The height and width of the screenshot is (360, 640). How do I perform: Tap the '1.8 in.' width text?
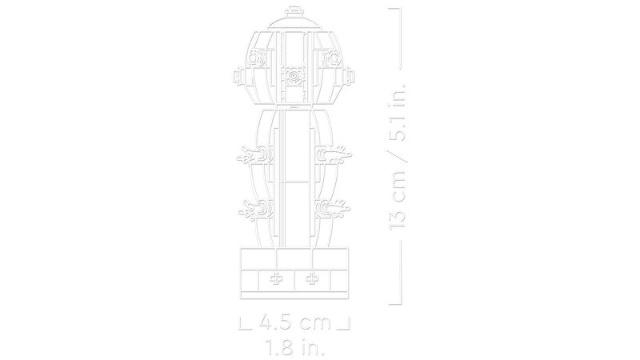tap(295, 347)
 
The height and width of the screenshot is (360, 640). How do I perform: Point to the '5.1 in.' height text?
tap(397, 112)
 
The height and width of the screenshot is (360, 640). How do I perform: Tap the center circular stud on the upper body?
tap(294, 76)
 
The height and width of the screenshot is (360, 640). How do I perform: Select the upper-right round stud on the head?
tap(332, 58)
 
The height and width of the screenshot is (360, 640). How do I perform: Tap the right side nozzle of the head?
tap(348, 76)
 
